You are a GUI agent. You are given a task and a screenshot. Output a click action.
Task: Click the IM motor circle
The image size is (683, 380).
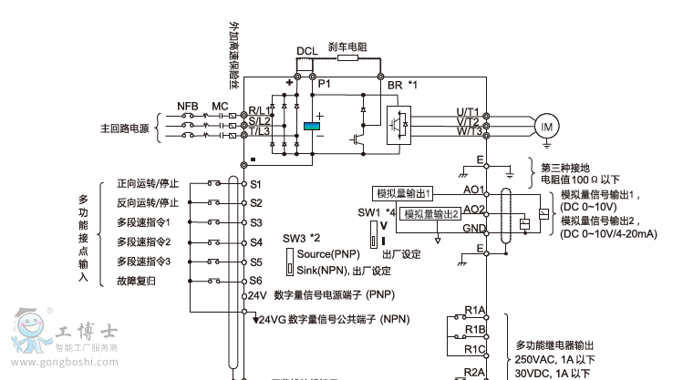tap(546, 127)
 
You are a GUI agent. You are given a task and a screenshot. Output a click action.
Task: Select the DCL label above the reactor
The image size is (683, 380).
tap(307, 52)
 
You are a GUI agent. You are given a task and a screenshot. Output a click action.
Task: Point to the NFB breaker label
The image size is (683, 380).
tap(188, 107)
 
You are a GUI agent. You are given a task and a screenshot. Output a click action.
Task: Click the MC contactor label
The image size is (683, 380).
tap(220, 107)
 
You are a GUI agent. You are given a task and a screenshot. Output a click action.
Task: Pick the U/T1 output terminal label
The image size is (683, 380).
tap(469, 112)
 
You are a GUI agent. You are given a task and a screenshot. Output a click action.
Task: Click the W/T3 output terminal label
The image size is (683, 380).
tap(469, 133)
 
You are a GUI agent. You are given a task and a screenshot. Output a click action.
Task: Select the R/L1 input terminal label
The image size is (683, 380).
tap(260, 110)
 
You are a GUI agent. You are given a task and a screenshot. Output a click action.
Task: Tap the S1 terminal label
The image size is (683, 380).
tap(256, 183)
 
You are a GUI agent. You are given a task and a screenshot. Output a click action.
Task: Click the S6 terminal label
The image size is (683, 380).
tap(256, 281)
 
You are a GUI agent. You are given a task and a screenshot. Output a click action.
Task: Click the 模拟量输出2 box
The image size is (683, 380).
tap(430, 213)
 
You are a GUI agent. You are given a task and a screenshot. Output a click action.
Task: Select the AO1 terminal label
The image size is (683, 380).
tap(474, 191)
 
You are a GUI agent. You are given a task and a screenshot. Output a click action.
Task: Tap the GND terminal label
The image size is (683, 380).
tap(474, 228)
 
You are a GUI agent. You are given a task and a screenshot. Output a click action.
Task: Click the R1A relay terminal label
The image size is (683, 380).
tap(474, 310)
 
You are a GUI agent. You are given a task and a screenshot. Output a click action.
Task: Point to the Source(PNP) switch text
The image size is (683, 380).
tap(328, 253)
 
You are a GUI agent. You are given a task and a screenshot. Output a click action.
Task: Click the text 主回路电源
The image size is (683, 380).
tap(125, 128)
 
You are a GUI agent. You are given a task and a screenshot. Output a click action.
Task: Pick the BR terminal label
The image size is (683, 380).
tap(395, 85)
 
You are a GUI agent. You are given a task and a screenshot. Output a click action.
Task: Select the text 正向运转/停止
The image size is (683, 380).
tap(148, 183)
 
